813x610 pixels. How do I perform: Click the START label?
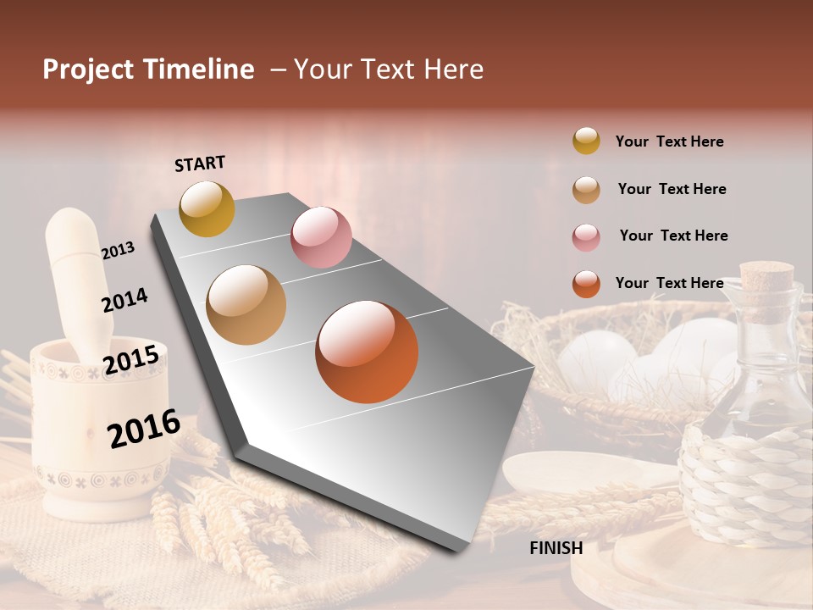pos(200,164)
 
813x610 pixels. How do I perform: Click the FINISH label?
pos(556,548)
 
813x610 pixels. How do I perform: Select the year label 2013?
pos(118,250)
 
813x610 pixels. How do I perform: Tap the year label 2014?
pos(124,300)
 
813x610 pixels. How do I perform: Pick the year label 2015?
pos(131,359)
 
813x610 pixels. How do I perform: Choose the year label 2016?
pos(144,428)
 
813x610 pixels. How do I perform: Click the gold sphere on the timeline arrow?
pos(207,208)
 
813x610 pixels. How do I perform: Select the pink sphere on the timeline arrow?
pos(321,237)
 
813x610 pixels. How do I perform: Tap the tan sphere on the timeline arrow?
pos(246,305)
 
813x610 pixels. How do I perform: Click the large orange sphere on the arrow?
pos(367,352)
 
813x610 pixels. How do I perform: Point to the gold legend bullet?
pos(586,141)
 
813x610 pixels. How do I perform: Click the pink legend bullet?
pos(586,236)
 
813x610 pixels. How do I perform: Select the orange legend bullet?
pos(586,284)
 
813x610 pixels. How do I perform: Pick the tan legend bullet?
pos(586,189)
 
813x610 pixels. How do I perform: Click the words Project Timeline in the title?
pos(148,69)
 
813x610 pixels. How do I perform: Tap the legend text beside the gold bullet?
pos(669,141)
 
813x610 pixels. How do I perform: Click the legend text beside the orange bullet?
pos(669,283)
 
